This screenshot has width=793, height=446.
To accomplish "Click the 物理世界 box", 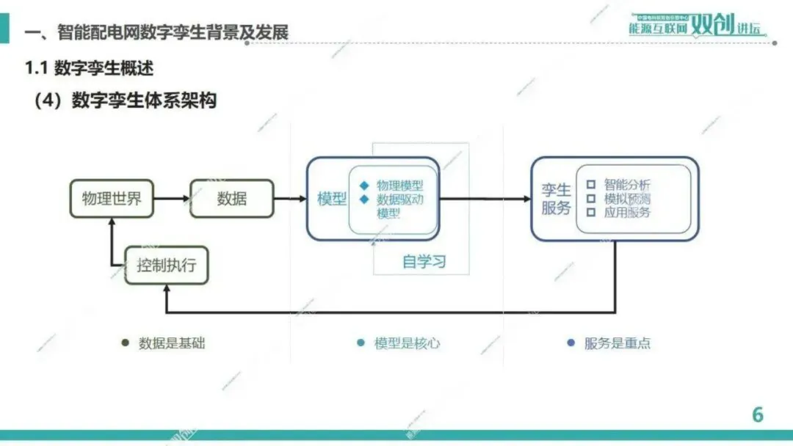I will (x=112, y=198).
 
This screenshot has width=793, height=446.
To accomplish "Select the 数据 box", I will (x=231, y=198).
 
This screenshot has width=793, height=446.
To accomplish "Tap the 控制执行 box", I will (x=167, y=265).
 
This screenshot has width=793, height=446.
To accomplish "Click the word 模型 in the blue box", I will (x=331, y=199).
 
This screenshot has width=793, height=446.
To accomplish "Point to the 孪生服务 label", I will (x=556, y=199).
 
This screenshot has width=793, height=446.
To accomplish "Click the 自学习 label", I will (x=424, y=262).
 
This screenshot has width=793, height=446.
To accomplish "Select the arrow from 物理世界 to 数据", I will (x=172, y=198).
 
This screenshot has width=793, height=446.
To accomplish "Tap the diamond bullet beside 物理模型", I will (x=364, y=186).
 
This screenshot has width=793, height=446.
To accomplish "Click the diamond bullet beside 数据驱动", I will (x=364, y=199).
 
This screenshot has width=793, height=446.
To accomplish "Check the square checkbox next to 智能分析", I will (x=590, y=185).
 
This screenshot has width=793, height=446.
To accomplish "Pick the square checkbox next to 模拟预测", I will (x=590, y=199).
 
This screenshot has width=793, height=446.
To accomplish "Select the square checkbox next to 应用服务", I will (x=590, y=213).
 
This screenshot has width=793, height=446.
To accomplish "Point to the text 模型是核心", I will (x=407, y=343).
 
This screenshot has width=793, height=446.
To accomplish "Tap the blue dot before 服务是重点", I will (x=571, y=343).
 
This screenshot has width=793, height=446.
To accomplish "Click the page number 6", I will (x=757, y=414).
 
